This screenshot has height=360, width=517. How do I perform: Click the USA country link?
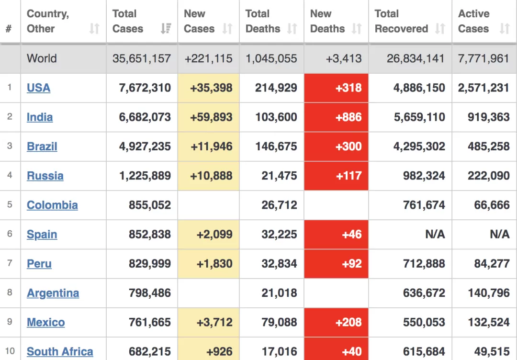[39, 88]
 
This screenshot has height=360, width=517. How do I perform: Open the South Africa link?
[60, 351]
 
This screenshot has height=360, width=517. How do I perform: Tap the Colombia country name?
[53, 205]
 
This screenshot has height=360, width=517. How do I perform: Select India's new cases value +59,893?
[212, 117]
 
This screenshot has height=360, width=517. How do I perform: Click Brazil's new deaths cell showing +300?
[337, 146]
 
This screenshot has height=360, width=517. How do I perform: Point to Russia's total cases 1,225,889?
[145, 176]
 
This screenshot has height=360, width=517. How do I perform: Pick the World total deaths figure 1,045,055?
[271, 58]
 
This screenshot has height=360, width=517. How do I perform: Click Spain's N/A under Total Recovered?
[435, 235]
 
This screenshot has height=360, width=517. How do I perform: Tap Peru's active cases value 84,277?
[492, 264]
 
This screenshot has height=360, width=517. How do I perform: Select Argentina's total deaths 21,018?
[279, 293]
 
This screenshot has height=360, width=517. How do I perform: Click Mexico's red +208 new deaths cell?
[337, 322]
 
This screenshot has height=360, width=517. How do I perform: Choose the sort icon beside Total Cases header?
[166, 29]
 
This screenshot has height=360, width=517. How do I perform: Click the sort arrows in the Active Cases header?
[505, 29]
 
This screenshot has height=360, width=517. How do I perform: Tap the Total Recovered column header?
[401, 21]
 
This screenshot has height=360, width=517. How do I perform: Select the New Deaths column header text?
[327, 21]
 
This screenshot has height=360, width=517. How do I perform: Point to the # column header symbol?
[9, 29]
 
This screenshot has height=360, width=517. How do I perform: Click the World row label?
[42, 58]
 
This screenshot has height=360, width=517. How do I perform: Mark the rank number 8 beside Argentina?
[10, 292]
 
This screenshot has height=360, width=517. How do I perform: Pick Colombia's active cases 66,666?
[492, 205]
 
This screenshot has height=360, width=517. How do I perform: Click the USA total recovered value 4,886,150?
[419, 88]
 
